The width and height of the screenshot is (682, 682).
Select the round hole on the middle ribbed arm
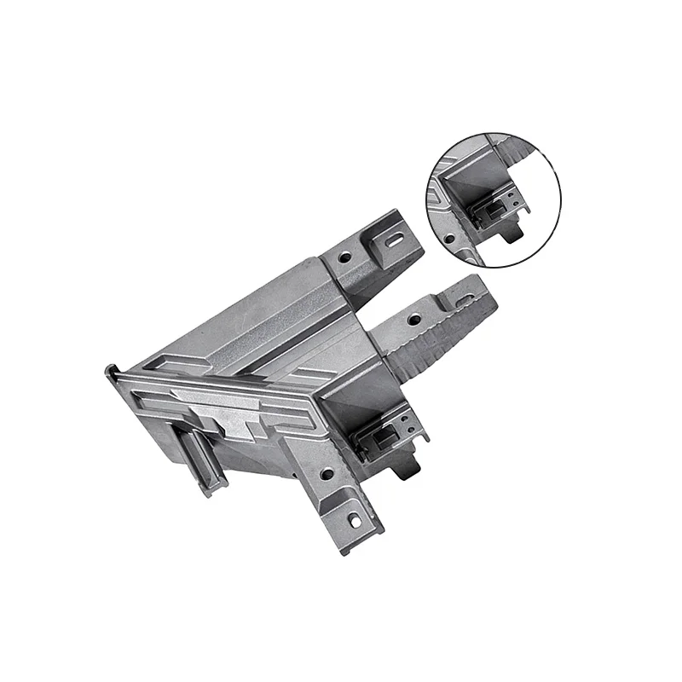[x=413, y=319]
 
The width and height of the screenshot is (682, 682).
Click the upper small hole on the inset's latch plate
[x=510, y=195]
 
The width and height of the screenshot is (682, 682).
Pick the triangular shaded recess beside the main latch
[x=367, y=393]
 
